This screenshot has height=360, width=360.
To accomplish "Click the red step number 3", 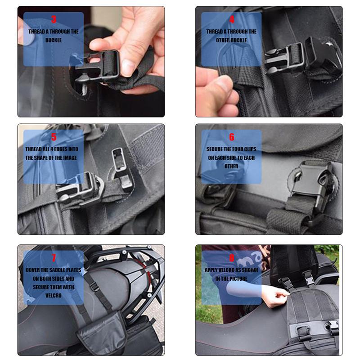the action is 54,19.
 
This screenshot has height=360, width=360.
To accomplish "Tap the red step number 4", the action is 232,19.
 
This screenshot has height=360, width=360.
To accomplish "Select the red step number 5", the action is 54,137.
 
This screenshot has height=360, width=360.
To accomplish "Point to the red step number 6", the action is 232,137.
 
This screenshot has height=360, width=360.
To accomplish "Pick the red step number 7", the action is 54,258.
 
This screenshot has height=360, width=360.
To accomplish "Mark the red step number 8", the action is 232,258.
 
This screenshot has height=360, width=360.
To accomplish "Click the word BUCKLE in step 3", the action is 54,40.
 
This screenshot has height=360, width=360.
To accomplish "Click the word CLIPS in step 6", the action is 250,149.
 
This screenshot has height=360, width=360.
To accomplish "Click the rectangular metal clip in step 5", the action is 118,160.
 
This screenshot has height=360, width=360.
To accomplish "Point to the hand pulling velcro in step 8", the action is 274,296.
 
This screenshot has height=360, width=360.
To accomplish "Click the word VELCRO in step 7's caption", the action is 54,296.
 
